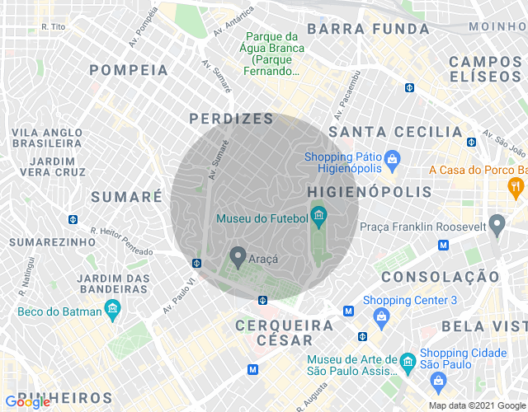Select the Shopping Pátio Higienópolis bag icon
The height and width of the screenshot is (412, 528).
pos(392,157)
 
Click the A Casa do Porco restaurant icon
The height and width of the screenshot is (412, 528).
pos(517,186)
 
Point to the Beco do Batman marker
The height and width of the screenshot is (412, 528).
pos(113,311)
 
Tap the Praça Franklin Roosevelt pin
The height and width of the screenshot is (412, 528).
pos(497,223)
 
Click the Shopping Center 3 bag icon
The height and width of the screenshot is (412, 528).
pos(382,316)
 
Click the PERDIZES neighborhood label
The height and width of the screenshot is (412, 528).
pos(231,119)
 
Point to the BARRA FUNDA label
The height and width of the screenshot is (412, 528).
pos(368,29)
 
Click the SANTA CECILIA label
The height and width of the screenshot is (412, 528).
pos(395,132)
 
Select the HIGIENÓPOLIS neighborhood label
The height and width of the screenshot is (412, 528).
pos(370,191)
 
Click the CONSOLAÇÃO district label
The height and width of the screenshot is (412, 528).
pos(440,276)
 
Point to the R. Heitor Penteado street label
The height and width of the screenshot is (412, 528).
pos(121,241)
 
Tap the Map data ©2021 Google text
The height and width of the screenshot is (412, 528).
pos(475,405)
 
